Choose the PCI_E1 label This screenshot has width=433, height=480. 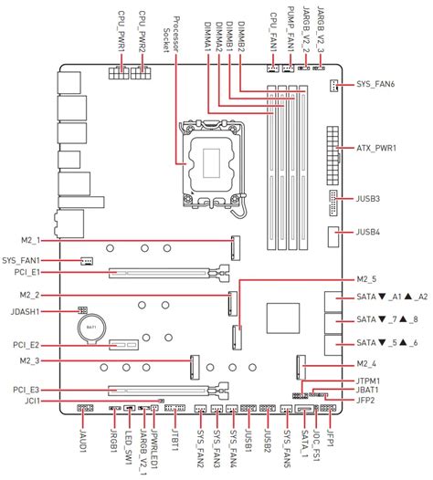click(26, 272)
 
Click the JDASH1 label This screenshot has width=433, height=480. click(27, 310)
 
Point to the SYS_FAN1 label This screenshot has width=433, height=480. click(31, 259)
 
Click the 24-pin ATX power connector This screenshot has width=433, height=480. click(328, 148)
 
